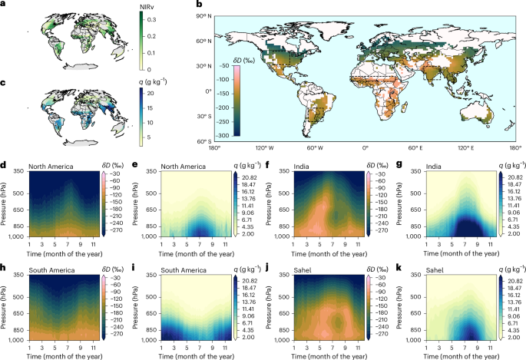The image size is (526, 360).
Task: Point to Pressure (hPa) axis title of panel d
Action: pyautogui.click(x=7, y=204)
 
